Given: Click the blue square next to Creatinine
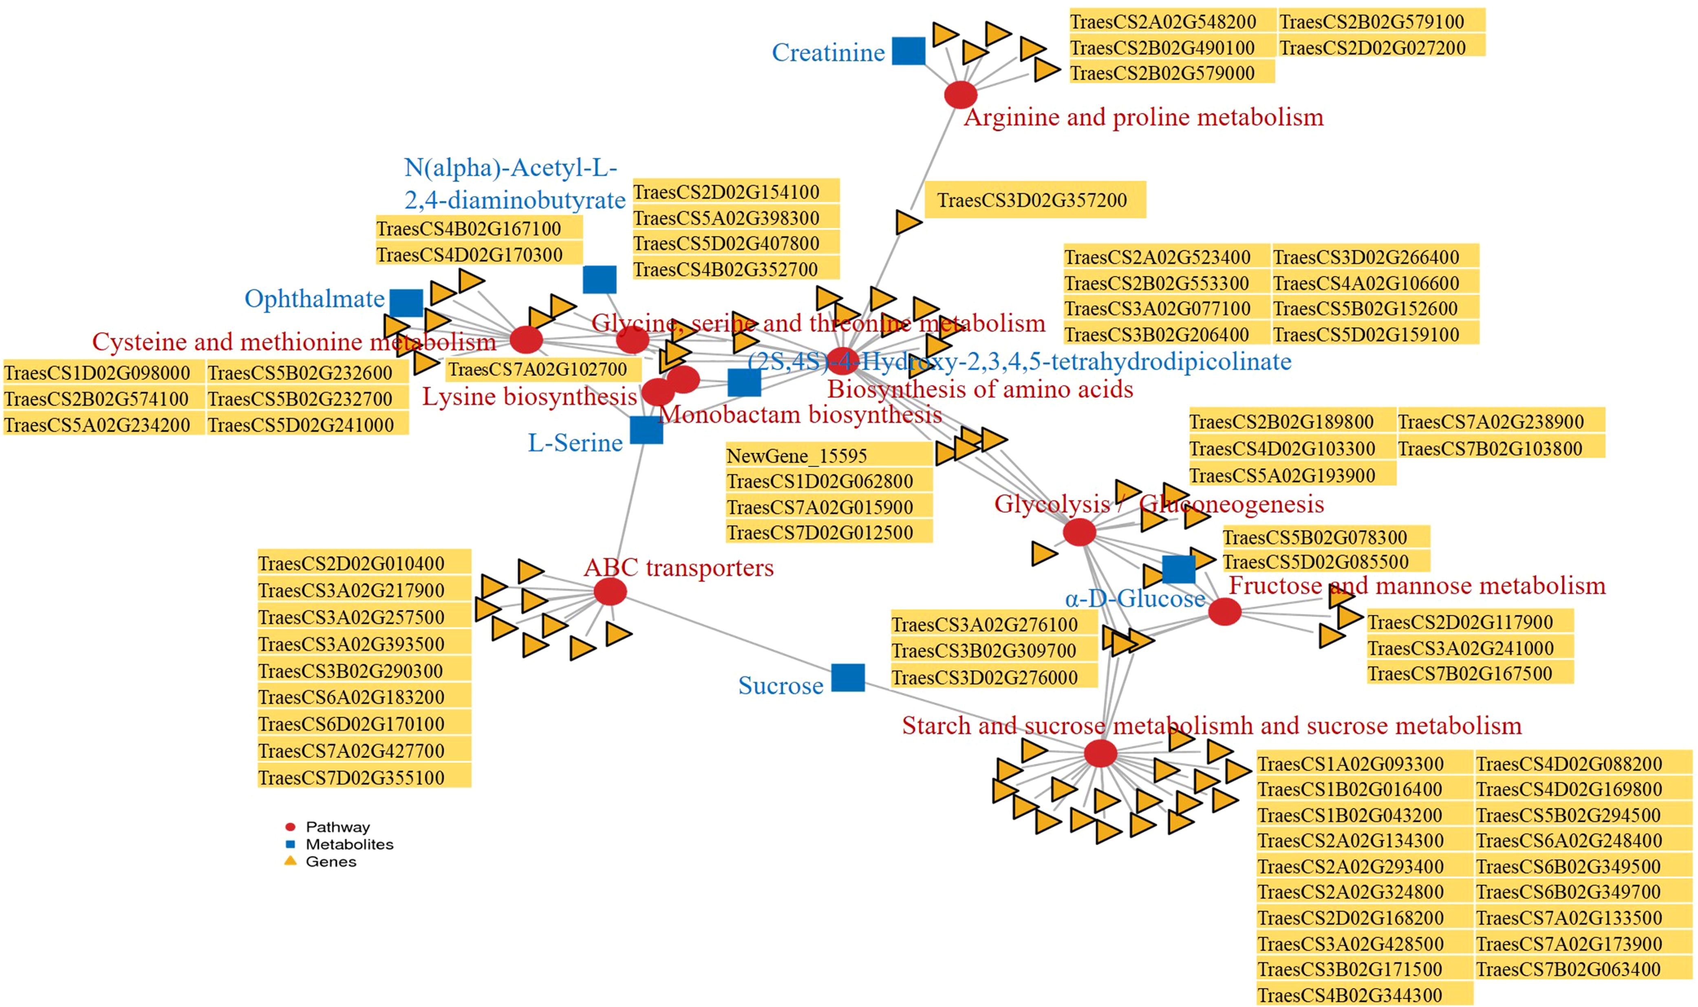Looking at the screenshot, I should point(908,51).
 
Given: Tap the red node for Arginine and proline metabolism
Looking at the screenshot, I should point(960,95).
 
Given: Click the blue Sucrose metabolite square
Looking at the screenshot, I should point(848,677).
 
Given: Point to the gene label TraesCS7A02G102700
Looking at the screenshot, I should point(538,369).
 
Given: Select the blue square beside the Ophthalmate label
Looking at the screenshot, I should point(406,303).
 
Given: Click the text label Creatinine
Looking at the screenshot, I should point(828,52).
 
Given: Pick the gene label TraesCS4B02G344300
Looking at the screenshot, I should point(1350,995).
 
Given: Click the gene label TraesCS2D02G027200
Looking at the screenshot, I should point(1373,48).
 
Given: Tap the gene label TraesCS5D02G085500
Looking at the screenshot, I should point(1316,562).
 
